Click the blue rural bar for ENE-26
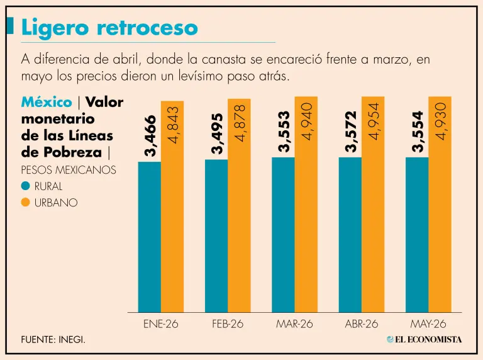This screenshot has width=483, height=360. pyautogui.click(x=150, y=237)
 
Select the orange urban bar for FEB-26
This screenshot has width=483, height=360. pyautogui.click(x=239, y=206)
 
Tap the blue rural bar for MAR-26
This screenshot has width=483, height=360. pyautogui.click(x=283, y=235)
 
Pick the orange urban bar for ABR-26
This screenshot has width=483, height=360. pyautogui.click(x=373, y=205)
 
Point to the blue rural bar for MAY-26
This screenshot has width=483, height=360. pyautogui.click(x=417, y=235)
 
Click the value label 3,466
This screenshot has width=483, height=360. pyautogui.click(x=151, y=135)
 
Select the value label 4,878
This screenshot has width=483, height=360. pyautogui.click(x=240, y=123)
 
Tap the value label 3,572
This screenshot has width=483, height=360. pyautogui.click(x=351, y=132)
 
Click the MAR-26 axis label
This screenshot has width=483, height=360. pyautogui.click(x=294, y=324)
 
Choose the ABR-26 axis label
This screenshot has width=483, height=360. pyautogui.click(x=362, y=324)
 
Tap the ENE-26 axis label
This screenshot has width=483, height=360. pyautogui.click(x=161, y=324)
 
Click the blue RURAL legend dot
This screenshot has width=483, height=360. pyautogui.click(x=26, y=186)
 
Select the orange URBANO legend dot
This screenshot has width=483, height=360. pyautogui.click(x=26, y=203)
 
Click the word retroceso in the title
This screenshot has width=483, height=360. pyautogui.click(x=147, y=28)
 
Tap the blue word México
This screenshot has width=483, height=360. pyautogui.click(x=47, y=102)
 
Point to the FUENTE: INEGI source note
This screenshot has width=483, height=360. pyautogui.click(x=53, y=340)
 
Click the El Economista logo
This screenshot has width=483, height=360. pyautogui.click(x=424, y=340)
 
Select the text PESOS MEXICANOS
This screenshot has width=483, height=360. pyautogui.click(x=69, y=170)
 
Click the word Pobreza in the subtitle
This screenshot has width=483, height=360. pyautogui.click(x=72, y=152)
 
